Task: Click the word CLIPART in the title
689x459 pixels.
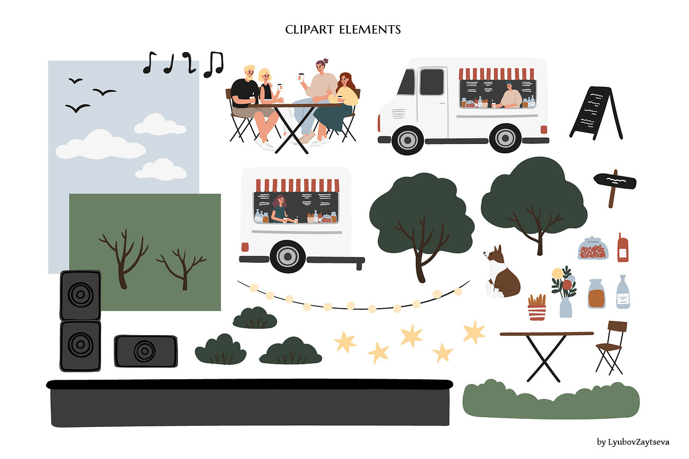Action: (313, 29)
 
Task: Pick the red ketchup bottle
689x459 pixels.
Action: (623, 248)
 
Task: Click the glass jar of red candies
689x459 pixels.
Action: (593, 249)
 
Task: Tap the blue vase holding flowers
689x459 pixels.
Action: (565, 306)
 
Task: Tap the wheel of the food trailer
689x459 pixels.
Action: (287, 256)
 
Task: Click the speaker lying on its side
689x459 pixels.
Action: (145, 351)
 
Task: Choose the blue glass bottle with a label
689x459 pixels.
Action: (623, 293)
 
